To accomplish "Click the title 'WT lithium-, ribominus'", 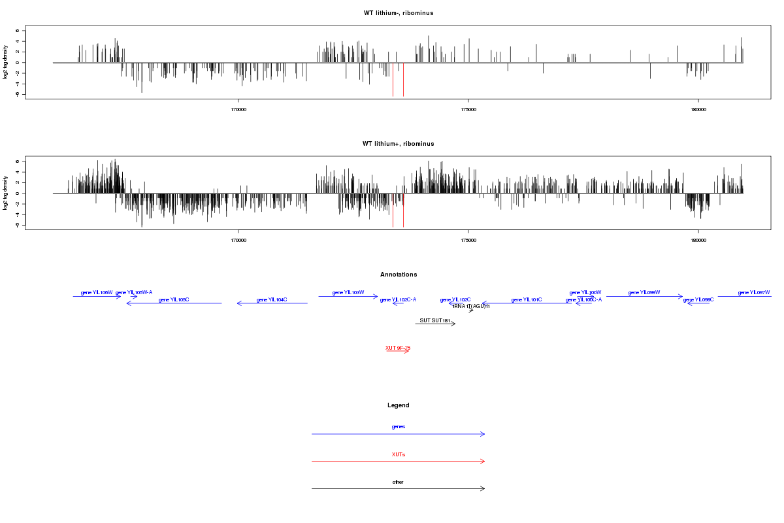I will pyautogui.click(x=398, y=13).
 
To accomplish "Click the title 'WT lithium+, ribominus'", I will pyautogui.click(x=398, y=144).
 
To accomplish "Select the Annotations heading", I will pyautogui.click(x=399, y=275).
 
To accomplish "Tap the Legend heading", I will pyautogui.click(x=399, y=405).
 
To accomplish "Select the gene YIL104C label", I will pyautogui.click(x=272, y=299).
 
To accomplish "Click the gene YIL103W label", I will pyautogui.click(x=348, y=292).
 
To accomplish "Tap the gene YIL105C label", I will pyautogui.click(x=174, y=299).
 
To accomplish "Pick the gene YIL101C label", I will pyautogui.click(x=527, y=299).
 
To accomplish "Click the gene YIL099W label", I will pyautogui.click(x=644, y=292).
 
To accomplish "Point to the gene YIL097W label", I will pyautogui.click(x=754, y=292).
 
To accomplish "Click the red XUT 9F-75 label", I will pyautogui.click(x=398, y=348).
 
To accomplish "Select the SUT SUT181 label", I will pyautogui.click(x=435, y=320).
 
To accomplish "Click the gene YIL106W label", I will pyautogui.click(x=97, y=292).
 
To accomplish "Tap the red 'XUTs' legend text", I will pyautogui.click(x=399, y=454).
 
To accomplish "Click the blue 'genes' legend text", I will pyautogui.click(x=399, y=427).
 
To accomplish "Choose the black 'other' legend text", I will pyautogui.click(x=399, y=482).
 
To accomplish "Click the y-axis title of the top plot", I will pyautogui.click(x=7, y=62).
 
